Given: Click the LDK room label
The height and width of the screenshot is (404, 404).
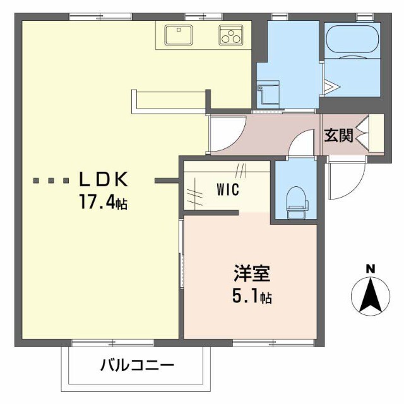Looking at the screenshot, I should (x=104, y=180).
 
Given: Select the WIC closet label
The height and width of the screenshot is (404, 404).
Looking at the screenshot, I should (x=227, y=189).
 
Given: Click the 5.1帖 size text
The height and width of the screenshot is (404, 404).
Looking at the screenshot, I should (x=252, y=297).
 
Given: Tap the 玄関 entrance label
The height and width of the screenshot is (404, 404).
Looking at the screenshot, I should (x=338, y=136).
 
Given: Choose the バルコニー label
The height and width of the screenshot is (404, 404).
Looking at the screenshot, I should (x=136, y=365).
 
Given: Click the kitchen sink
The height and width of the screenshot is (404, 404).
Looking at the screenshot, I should (x=179, y=34).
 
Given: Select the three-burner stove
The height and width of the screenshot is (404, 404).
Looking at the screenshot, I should (x=231, y=35).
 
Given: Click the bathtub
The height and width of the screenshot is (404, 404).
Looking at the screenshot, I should (x=352, y=41).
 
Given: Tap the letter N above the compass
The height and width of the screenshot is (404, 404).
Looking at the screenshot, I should (x=371, y=268).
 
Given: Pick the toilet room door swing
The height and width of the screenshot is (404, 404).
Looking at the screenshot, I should (x=301, y=144).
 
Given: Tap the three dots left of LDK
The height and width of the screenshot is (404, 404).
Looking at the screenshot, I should (x=52, y=181).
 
